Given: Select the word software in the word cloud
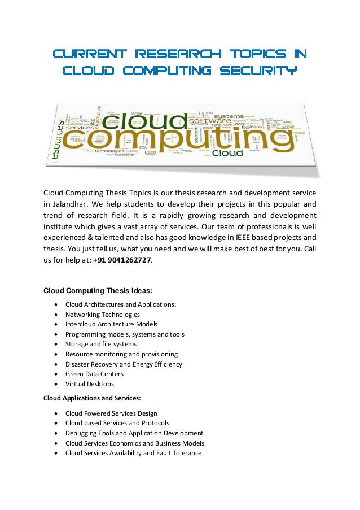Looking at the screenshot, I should tap(209, 120).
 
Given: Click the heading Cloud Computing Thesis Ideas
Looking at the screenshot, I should tap(98, 291).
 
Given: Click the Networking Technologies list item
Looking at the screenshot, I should tap(102, 314).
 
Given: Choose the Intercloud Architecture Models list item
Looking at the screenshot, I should tap(111, 324).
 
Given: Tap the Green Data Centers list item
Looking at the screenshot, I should tap(94, 374).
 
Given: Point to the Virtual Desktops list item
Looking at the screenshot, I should tap(89, 384).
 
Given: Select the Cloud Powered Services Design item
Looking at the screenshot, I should tap(111, 413).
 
